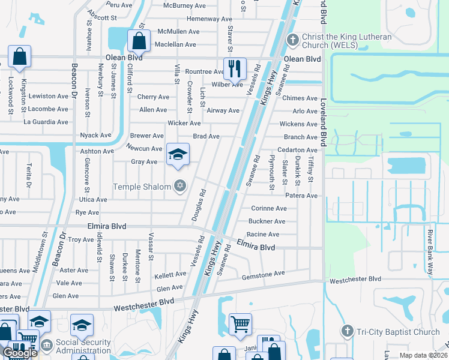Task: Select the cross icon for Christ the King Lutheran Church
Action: pyautogui.click(x=293, y=40)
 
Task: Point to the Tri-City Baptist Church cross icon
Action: pyautogui.click(x=347, y=332)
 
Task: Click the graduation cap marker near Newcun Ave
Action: pyautogui.click(x=177, y=155)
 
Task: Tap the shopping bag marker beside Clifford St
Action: pyautogui.click(x=139, y=41)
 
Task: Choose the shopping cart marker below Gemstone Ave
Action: pyautogui.click(x=240, y=324)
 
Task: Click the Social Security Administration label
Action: pyautogui.click(x=83, y=346)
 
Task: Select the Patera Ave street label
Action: pyautogui.click(x=301, y=196)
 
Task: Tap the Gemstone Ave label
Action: pyautogui.click(x=263, y=274)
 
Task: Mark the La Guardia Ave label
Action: pyautogui.click(x=46, y=122)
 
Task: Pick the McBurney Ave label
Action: pyautogui.click(x=184, y=6)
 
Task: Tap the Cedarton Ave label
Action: pyautogui.click(x=297, y=150)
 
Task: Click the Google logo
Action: pyautogui.click(x=20, y=353)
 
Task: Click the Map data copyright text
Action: pyautogui.click(x=423, y=355)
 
